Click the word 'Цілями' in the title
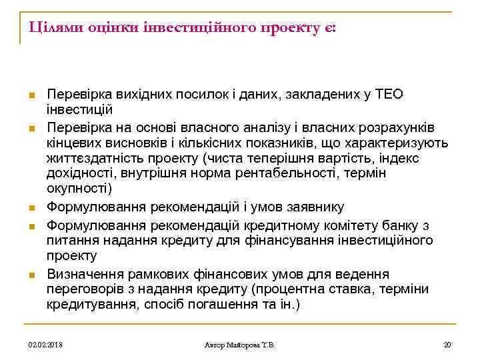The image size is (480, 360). (x=47, y=29)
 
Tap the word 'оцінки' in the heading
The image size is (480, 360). (x=103, y=29)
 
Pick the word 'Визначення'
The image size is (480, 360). (x=83, y=275)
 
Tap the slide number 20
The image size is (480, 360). (x=447, y=345)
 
